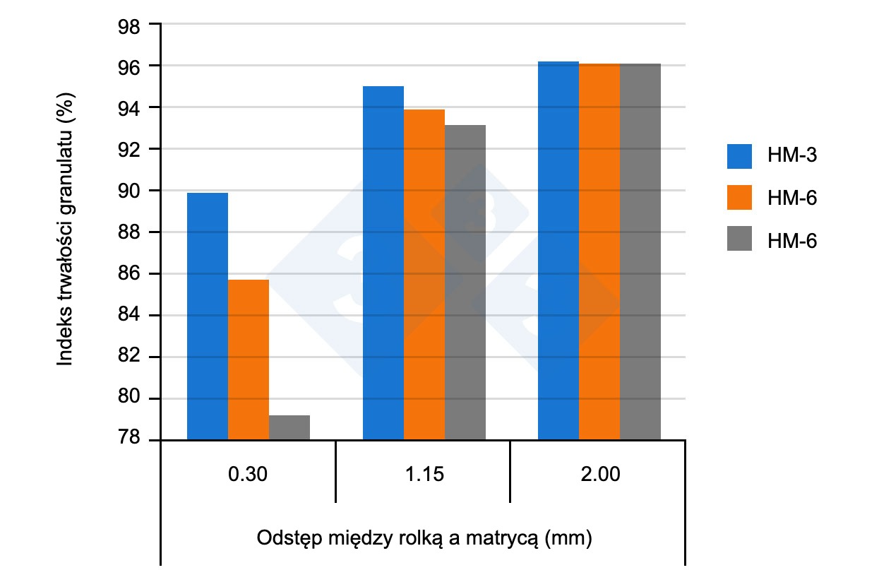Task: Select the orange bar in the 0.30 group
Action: point(249,360)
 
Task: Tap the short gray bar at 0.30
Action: point(289,428)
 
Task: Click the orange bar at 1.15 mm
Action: point(424,275)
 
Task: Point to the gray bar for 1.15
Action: point(465,283)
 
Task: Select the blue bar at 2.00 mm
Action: point(558,251)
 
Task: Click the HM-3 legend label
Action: point(792,155)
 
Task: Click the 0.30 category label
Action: point(248,475)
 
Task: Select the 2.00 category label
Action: point(599,475)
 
